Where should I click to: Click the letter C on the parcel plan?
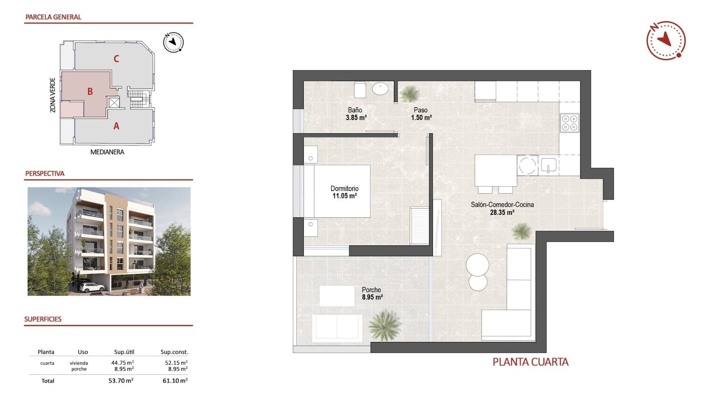tap(116, 59)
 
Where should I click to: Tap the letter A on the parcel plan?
tap(116, 126)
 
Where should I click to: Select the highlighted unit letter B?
tap(90, 92)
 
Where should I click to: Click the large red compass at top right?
tap(666, 40)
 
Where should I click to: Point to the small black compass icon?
tap(173, 43)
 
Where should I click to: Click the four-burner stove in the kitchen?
tap(570, 123)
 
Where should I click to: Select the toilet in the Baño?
tap(360, 89)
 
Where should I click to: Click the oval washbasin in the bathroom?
tap(380, 89)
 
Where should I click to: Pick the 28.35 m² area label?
tap(502, 213)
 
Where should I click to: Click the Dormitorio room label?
tap(344, 188)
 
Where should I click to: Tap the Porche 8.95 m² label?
tap(372, 294)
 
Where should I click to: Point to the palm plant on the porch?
tap(384, 325)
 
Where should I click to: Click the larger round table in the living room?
tap(477, 265)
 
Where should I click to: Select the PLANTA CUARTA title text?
tap(530, 362)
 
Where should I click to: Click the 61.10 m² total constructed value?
tap(175, 381)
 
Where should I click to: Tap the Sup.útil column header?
tap(124, 352)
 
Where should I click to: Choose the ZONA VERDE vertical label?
tap(53, 95)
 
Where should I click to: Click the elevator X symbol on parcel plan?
tap(114, 102)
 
